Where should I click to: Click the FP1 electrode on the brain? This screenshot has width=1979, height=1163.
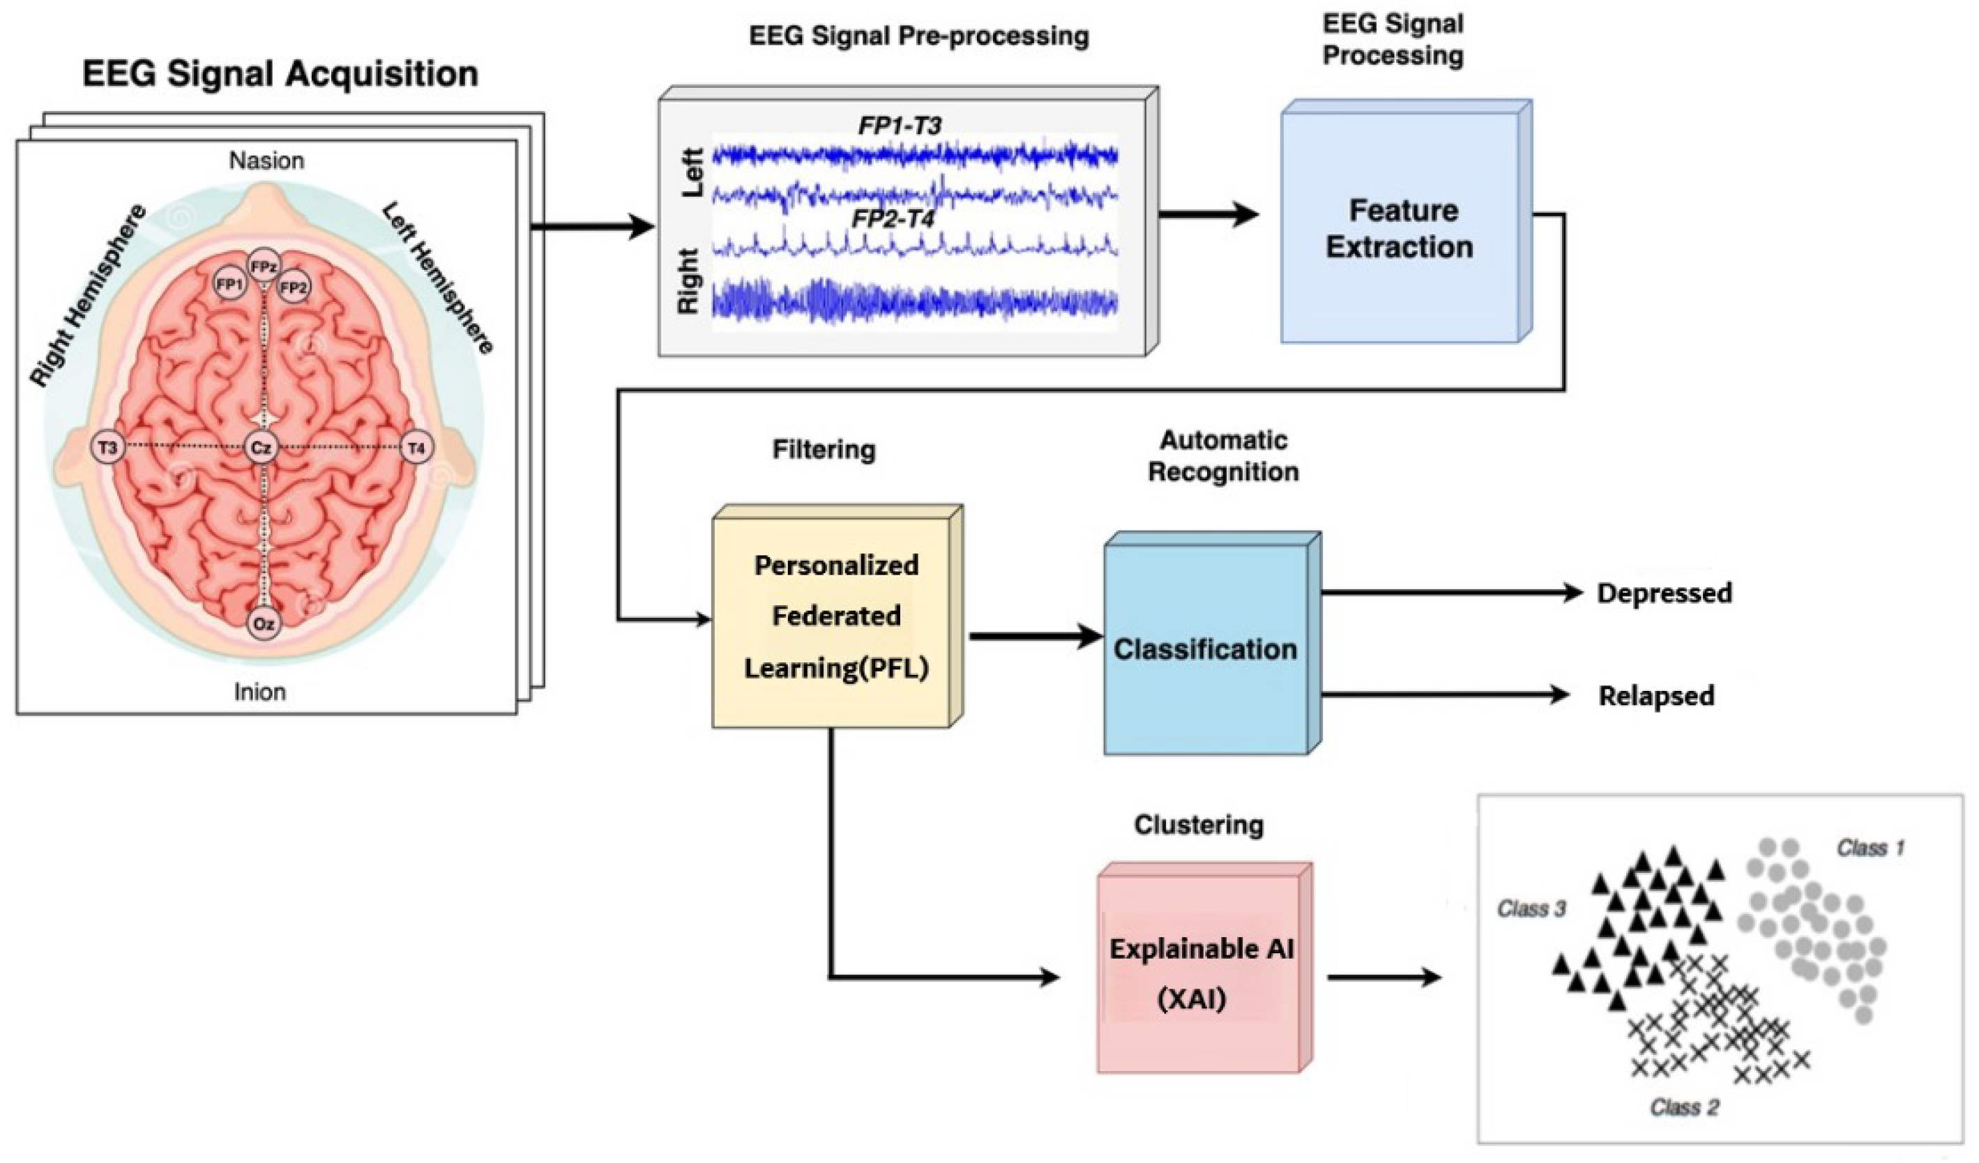[229, 284]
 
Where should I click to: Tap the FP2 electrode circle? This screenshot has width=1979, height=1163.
[293, 287]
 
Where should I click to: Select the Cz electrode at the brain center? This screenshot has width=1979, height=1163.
[261, 448]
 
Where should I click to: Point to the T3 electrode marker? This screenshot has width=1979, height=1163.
[107, 448]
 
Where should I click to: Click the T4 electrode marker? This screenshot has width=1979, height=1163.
[416, 448]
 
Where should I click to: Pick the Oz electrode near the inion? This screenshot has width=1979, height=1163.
[264, 623]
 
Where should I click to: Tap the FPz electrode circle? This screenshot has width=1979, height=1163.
[263, 267]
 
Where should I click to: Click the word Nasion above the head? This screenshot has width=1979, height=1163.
[266, 160]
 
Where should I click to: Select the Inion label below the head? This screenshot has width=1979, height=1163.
[260, 692]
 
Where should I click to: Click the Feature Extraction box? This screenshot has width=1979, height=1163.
[1400, 228]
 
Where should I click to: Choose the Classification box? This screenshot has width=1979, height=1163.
[1206, 648]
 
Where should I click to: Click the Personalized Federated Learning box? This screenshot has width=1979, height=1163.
[835, 616]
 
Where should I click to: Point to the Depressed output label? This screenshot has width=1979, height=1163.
[1664, 592]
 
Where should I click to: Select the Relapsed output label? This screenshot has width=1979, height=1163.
[1656, 695]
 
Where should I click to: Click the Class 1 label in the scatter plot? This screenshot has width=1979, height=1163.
[1870, 847]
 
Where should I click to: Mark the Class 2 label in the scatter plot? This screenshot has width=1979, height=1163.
[1685, 1107]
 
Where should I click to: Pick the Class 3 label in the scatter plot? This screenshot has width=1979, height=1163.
[1531, 909]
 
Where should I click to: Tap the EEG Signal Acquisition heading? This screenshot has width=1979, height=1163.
[280, 74]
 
